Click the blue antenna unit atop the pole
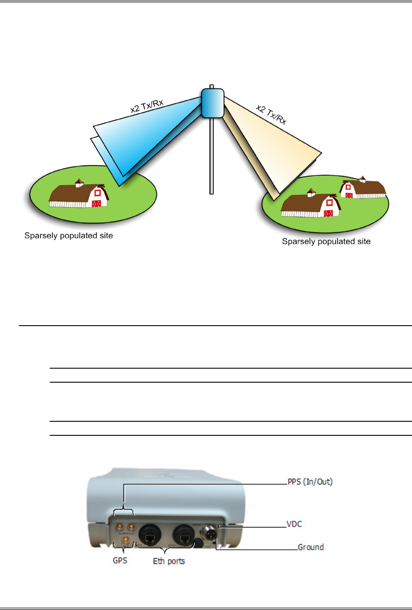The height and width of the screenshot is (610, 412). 213,103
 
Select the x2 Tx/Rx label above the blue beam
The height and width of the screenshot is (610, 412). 147,106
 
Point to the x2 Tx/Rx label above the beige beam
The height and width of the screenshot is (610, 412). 271,115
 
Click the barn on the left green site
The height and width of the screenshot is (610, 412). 79,195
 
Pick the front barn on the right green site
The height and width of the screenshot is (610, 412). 310,205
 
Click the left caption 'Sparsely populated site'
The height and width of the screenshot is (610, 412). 69,236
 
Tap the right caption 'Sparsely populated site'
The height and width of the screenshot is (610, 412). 326,241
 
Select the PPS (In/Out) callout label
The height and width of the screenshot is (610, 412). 310,482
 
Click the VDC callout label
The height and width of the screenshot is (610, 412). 294,524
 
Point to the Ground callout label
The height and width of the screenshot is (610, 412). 310,547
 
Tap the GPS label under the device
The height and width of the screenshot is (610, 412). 120,560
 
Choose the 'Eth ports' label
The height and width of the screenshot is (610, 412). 169,561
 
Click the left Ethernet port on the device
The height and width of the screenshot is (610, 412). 150,535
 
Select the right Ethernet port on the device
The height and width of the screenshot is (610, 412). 184,535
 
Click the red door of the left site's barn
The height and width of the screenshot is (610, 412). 97,203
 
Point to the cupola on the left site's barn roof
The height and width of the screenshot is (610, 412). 79,183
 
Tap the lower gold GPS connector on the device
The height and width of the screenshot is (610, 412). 126,539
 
